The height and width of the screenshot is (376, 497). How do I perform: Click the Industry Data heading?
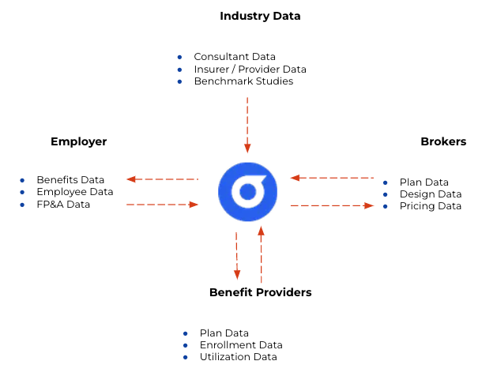pos(260,16)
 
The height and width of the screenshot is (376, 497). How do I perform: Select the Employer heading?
pos(78,142)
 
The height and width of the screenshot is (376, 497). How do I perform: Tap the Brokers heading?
pos(443,142)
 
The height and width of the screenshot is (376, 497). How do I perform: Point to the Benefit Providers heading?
pos(260,292)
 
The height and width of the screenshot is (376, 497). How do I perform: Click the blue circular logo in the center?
pos(248,192)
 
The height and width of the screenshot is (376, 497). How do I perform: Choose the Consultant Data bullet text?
pos(235,57)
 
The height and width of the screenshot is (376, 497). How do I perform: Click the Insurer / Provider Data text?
pos(250,70)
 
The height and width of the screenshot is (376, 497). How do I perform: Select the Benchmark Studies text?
pos(243,81)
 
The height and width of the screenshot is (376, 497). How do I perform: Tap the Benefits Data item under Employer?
pos(70,180)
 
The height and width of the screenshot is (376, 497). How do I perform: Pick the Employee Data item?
pos(74,192)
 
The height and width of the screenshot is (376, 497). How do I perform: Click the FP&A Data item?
pos(63,205)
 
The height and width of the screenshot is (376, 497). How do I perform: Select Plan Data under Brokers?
pos(424,182)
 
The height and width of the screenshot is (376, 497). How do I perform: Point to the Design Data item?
pos(430,194)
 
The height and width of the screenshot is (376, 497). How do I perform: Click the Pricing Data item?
pos(430,206)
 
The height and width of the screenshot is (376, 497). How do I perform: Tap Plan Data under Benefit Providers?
pos(224,333)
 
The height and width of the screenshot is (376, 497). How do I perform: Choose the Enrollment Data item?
pos(240,345)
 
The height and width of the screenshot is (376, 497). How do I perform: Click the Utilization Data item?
pos(238,357)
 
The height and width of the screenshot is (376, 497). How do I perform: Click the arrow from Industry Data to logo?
pos(247,125)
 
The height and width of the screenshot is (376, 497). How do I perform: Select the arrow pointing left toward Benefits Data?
pos(163,179)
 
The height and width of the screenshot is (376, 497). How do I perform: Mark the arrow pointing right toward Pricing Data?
pos(332,205)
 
